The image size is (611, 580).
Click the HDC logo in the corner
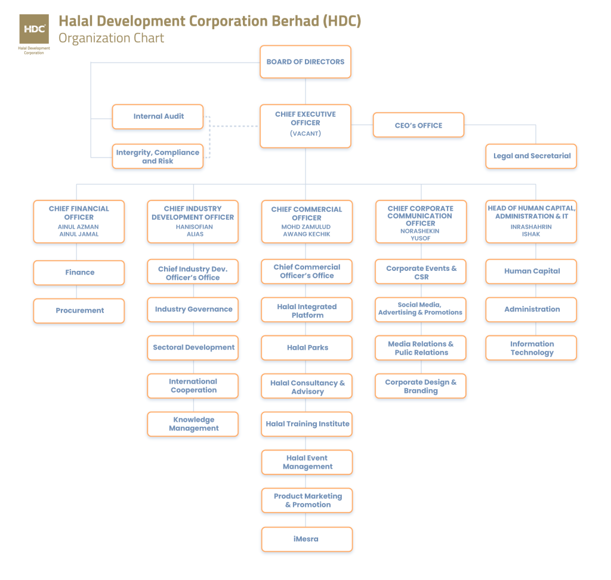pyautogui.click(x=34, y=30)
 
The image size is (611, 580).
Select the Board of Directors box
pyautogui.click(x=305, y=61)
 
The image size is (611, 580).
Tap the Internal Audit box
pyautogui.click(x=158, y=116)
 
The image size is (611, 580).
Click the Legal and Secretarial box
pyautogui.click(x=532, y=156)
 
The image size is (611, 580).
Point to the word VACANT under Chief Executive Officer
pyautogui.click(x=305, y=134)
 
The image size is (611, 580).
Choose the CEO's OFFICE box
pyautogui.click(x=418, y=125)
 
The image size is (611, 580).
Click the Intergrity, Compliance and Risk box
pyautogui.click(x=158, y=156)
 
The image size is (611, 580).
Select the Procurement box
pyautogui.click(x=79, y=310)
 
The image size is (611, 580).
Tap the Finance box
pyautogui.click(x=79, y=272)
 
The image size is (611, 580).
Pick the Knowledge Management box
pyautogui.click(x=193, y=424)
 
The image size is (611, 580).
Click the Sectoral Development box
pyautogui.click(x=193, y=347)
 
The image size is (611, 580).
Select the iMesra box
pyautogui.click(x=307, y=539)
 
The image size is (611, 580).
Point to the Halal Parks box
pyautogui.click(x=307, y=347)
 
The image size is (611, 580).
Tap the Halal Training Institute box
pyautogui.click(x=307, y=424)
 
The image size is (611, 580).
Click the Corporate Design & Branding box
pyautogui.click(x=421, y=386)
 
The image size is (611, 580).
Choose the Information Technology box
pyautogui.click(x=532, y=348)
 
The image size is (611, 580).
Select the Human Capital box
pyautogui.click(x=532, y=271)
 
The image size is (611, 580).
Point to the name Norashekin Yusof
pyautogui.click(x=421, y=235)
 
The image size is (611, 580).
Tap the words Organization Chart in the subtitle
pyautogui.click(x=111, y=38)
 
